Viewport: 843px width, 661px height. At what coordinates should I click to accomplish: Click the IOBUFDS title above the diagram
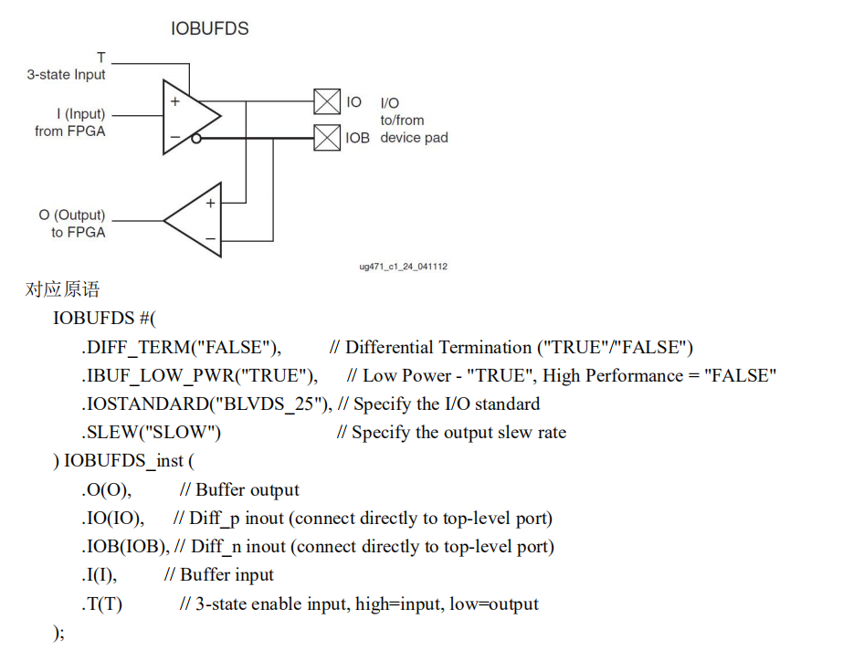pos(209,28)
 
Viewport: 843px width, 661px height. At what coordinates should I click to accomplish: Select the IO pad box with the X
pos(326,101)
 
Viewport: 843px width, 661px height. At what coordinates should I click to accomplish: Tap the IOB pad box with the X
pos(326,138)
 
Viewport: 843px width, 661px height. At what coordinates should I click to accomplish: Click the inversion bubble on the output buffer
pos(195,138)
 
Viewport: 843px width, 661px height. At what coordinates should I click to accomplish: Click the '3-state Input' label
pos(66,75)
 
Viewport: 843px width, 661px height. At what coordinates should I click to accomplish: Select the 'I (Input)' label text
pos(80,114)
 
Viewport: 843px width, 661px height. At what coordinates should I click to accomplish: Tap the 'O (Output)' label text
pos(71,215)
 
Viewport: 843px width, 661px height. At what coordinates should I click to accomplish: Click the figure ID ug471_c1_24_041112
pos(403,267)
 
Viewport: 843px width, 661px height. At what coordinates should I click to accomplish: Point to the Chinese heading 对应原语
pos(62,290)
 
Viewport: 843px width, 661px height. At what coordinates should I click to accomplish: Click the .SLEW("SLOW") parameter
pos(151,432)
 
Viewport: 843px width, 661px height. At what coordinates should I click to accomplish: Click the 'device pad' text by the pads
pos(414,138)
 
